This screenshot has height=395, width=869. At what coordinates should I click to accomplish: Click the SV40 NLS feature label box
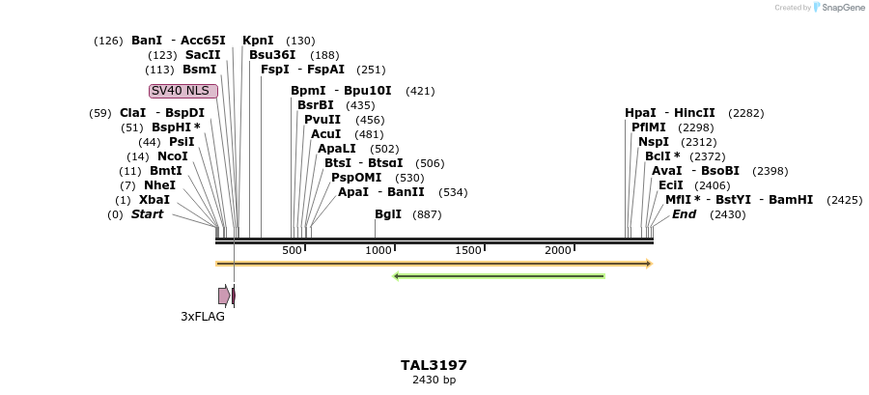pos(183,91)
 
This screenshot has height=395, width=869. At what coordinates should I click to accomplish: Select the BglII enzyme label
pos(388,214)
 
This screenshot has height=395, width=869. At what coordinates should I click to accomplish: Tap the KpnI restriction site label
pos(258,41)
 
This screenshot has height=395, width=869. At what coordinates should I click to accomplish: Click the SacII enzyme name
pos(203,55)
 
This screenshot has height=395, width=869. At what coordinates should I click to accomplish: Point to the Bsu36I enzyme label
pos(272,55)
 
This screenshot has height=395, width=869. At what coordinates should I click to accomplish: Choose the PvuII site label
pos(322,120)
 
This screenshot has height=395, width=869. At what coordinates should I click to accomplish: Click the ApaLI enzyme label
pos(337,149)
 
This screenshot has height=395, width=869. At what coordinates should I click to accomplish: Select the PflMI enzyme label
pos(649,127)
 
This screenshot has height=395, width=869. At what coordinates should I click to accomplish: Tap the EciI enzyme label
pos(671,185)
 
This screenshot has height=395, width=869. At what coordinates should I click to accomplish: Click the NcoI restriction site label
pos(173,156)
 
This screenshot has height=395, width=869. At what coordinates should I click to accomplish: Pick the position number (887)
pos(427,214)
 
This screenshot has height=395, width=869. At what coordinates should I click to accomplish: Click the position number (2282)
pos(746,113)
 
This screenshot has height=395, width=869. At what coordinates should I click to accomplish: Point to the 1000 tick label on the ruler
pos(378,251)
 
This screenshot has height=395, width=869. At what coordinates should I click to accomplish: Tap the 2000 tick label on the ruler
pos(558,251)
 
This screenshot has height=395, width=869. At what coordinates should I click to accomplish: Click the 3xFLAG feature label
pos(203,316)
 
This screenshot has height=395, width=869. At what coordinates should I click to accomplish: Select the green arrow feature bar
pos(498,276)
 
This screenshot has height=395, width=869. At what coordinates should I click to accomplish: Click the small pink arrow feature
pos(224,296)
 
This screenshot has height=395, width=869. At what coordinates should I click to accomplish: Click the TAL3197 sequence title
pos(434,365)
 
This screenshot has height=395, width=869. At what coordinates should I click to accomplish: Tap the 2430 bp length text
pos(434,380)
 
